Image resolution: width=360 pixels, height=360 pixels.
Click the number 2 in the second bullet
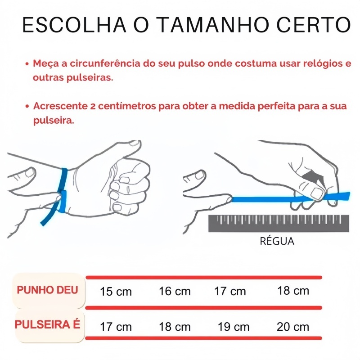93,106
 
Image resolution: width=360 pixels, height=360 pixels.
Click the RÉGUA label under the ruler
277,241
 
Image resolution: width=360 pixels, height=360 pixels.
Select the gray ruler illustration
279,223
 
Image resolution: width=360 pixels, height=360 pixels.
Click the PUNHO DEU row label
48,290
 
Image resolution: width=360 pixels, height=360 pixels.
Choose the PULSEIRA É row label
48,324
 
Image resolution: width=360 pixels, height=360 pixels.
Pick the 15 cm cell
116,292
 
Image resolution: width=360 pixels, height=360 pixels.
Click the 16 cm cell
175,291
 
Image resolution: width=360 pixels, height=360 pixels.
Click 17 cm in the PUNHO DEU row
230,291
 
